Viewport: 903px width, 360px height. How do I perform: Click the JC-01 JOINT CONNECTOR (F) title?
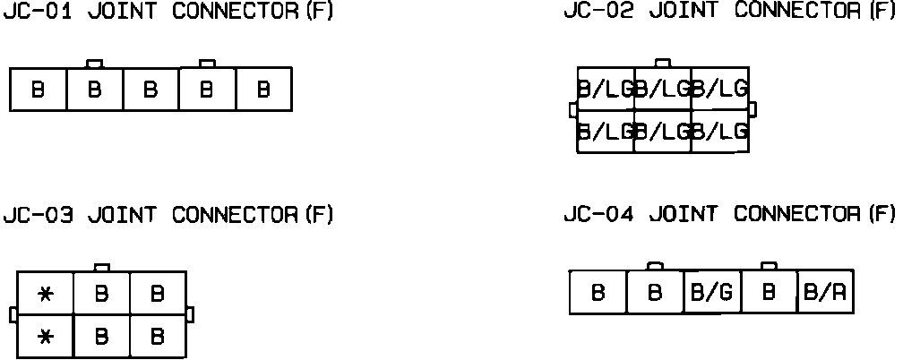pyautogui.click(x=168, y=13)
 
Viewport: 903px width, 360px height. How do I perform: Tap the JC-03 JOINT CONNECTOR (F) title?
pyautogui.click(x=168, y=215)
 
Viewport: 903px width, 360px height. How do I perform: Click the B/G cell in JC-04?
pyautogui.click(x=711, y=292)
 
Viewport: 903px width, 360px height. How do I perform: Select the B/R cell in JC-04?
pyautogui.click(x=825, y=292)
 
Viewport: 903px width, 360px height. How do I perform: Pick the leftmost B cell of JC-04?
pyautogui.click(x=598, y=292)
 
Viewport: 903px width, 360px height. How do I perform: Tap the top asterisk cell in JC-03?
pyautogui.click(x=45, y=294)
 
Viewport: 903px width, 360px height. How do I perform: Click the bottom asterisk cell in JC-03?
pyautogui.click(x=45, y=337)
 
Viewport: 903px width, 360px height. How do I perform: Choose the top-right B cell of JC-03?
pyautogui.click(x=158, y=294)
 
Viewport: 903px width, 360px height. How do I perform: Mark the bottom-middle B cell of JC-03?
pyautogui.click(x=101, y=337)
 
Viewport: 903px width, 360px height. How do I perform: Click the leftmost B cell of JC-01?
pyautogui.click(x=38, y=90)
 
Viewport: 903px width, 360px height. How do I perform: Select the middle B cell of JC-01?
pyautogui.click(x=150, y=90)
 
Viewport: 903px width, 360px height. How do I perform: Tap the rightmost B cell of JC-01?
pyautogui.click(x=263, y=90)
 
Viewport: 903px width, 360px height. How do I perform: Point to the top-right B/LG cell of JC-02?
pyautogui.click(x=720, y=88)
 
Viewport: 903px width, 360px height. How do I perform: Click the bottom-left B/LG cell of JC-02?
pyautogui.click(x=606, y=131)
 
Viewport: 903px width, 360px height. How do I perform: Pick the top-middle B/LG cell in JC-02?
pyautogui.click(x=663, y=88)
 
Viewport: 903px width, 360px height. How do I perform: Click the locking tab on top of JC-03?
pyautogui.click(x=102, y=267)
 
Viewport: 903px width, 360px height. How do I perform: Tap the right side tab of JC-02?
pyautogui.click(x=752, y=109)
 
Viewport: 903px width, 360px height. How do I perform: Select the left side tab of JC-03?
pyautogui.click(x=13, y=315)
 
